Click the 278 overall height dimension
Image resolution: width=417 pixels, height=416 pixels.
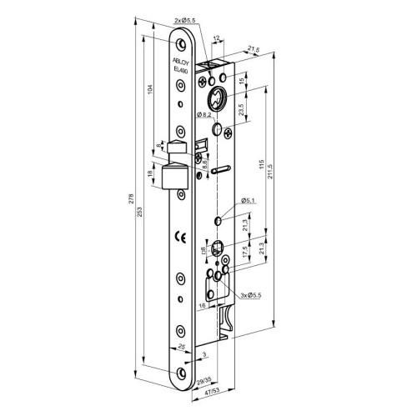tap(133, 198)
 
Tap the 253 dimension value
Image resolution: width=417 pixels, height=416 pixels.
tap(140, 212)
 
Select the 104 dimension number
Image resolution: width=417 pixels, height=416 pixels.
tap(150, 88)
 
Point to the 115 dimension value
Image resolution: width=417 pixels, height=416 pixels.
tap(261, 165)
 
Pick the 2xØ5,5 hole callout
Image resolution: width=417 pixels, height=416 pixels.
tap(185, 21)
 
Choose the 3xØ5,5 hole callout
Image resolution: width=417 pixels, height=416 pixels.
tap(251, 295)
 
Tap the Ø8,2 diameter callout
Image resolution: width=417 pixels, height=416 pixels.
tap(205, 115)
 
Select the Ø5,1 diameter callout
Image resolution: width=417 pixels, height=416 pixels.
tap(249, 200)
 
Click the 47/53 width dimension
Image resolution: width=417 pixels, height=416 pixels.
tap(213, 390)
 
